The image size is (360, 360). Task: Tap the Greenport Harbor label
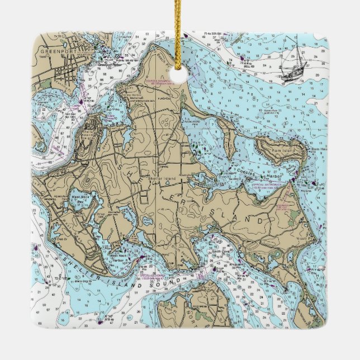point(110,63)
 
